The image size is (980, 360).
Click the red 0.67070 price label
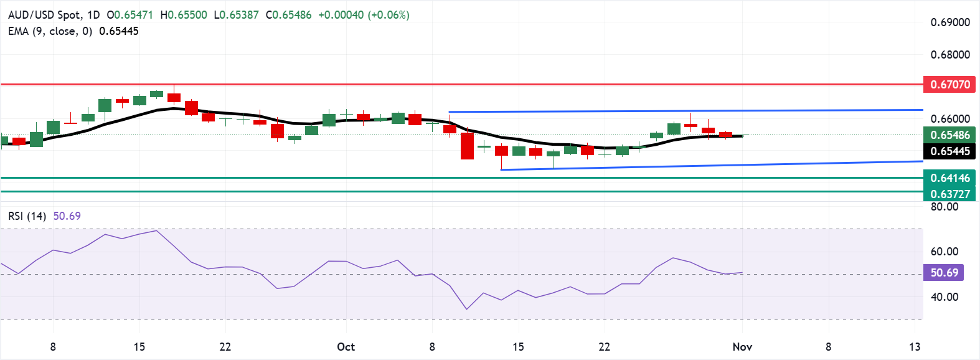(x=949, y=84)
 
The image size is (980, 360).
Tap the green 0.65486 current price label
(x=949, y=135)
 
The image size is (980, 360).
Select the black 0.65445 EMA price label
(x=949, y=151)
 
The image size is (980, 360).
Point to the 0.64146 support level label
(x=949, y=178)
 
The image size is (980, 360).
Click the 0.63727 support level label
(x=949, y=194)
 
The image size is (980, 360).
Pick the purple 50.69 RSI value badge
(x=944, y=273)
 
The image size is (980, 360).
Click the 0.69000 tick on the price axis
(x=950, y=22)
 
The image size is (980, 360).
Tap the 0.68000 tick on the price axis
(x=950, y=55)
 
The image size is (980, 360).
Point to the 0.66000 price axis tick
(x=950, y=118)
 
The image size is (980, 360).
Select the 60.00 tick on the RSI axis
(x=944, y=252)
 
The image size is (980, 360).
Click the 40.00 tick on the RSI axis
(x=944, y=297)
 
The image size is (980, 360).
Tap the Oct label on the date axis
(x=346, y=347)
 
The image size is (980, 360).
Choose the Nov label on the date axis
(x=742, y=347)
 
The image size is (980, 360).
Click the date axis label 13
(x=914, y=347)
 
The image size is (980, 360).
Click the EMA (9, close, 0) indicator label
(x=50, y=31)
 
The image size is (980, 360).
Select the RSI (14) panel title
(x=27, y=216)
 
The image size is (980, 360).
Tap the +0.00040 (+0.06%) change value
(x=364, y=15)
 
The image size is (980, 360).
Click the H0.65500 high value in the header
(x=184, y=15)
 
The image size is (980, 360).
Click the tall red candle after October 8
(x=467, y=146)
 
